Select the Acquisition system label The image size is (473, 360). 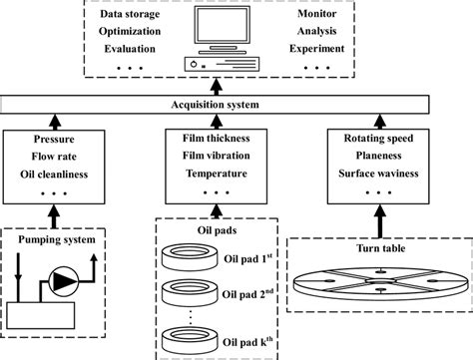point(236,104)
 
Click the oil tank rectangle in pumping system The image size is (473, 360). point(47,322)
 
